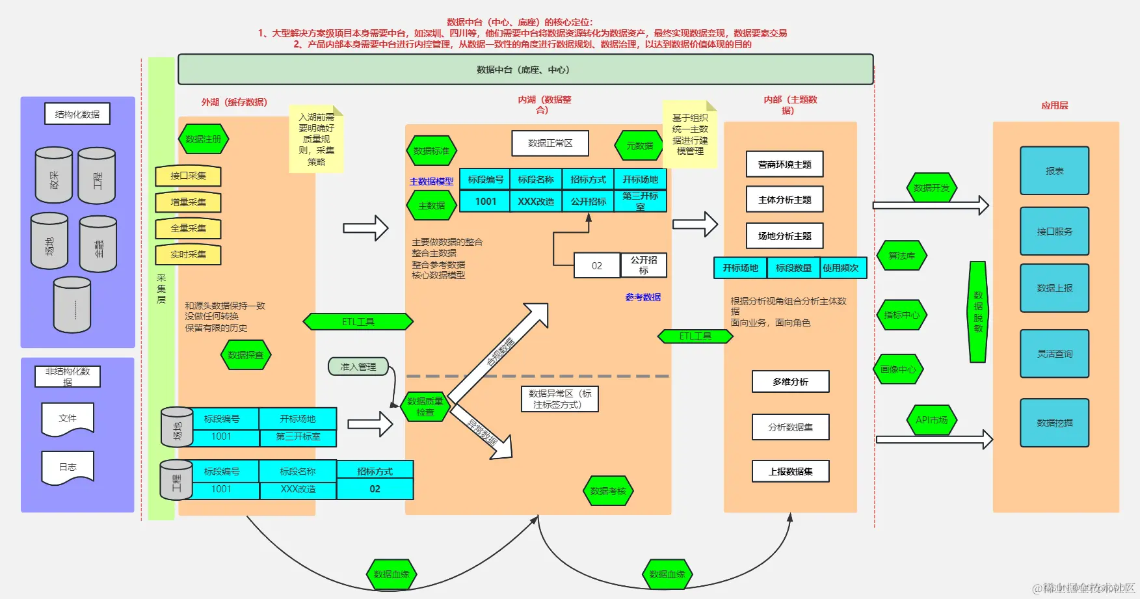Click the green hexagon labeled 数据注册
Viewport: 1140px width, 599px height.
click(x=203, y=139)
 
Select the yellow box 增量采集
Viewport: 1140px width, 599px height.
click(x=188, y=202)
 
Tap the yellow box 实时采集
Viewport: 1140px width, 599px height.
click(x=188, y=254)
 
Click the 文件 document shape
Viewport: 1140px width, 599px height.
click(x=68, y=418)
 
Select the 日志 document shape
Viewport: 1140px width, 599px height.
click(x=68, y=467)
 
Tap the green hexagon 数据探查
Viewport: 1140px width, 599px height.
click(x=245, y=355)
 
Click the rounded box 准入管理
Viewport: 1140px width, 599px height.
click(x=358, y=367)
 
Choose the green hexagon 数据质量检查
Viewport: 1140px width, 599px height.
click(x=425, y=406)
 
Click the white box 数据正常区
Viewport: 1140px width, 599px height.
click(x=550, y=143)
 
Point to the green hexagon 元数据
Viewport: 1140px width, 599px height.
click(x=639, y=146)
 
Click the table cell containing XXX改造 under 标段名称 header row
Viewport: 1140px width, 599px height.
click(x=536, y=202)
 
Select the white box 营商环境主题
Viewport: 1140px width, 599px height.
click(x=784, y=165)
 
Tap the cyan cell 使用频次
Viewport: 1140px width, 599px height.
click(x=840, y=268)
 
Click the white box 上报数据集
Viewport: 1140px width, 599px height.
click(x=790, y=472)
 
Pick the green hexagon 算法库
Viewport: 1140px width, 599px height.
click(x=901, y=256)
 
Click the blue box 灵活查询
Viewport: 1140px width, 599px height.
click(x=1054, y=354)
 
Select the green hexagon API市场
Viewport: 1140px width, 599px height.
click(x=931, y=420)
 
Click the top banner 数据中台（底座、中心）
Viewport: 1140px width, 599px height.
click(x=525, y=70)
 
